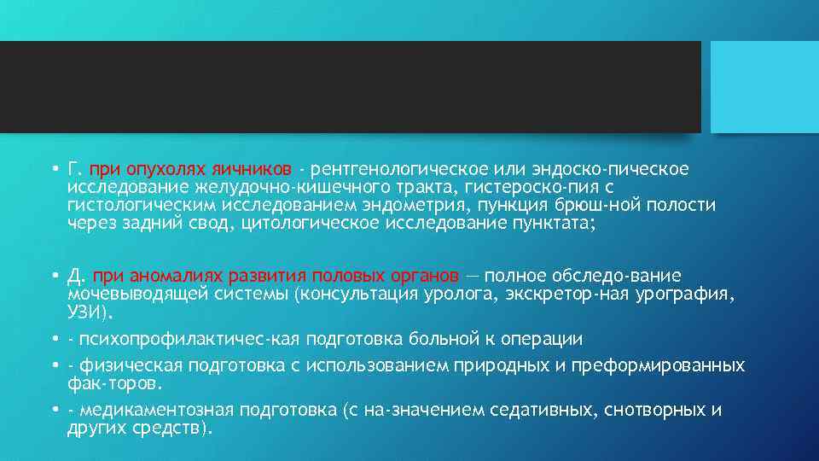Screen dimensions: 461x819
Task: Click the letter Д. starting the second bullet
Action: pyautogui.click(x=77, y=277)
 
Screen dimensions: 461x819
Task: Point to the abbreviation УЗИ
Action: pyautogui.click(x=85, y=312)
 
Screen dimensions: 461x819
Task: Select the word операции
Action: pyautogui.click(x=541, y=340)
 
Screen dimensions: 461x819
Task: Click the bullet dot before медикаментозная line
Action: pyautogui.click(x=54, y=411)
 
